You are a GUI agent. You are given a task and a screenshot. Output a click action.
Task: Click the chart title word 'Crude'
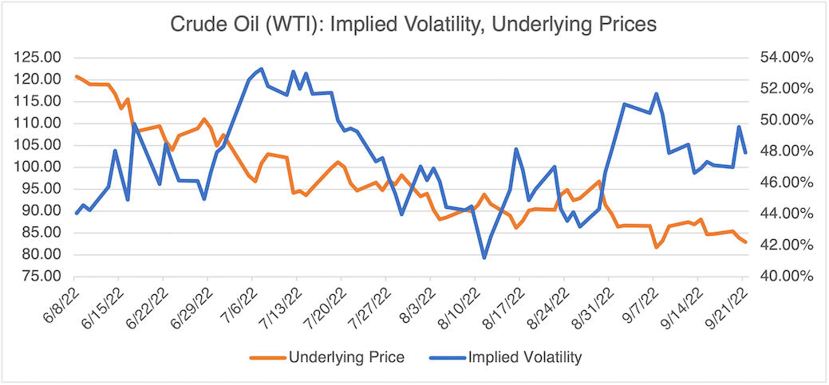[x=193, y=25]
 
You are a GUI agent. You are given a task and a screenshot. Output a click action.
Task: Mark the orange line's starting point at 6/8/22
[x=76, y=77]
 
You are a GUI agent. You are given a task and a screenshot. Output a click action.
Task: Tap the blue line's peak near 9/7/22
[x=656, y=94]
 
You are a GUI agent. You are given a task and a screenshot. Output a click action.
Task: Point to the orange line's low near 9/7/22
[x=656, y=247]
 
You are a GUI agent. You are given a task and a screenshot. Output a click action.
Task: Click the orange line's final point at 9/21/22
[x=745, y=242]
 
